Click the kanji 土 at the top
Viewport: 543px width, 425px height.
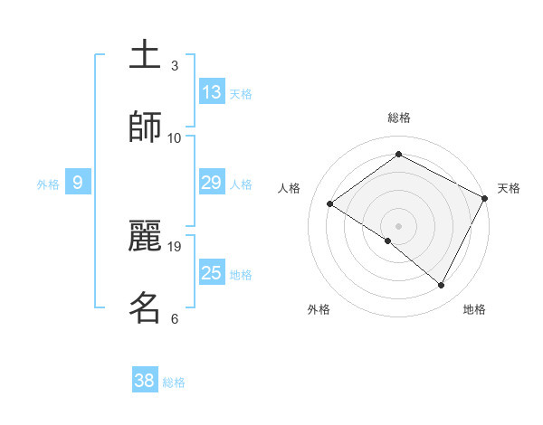(x=145, y=55)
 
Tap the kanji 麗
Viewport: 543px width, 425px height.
(x=145, y=236)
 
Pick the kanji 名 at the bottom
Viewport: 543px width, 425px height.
(x=145, y=307)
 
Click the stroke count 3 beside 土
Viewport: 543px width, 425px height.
(x=174, y=66)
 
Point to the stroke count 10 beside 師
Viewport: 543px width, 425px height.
(x=175, y=137)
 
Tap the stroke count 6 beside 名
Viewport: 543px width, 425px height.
(x=174, y=318)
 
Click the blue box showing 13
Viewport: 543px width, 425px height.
(x=212, y=92)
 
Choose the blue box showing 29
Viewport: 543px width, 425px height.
(x=212, y=184)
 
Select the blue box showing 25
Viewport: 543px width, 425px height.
(x=212, y=273)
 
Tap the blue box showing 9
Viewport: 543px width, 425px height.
(x=78, y=184)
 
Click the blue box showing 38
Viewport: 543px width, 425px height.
(x=145, y=381)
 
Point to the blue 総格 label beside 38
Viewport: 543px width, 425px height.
(x=174, y=382)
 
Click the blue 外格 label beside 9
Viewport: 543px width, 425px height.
(x=48, y=184)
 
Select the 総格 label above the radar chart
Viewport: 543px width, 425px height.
(x=399, y=118)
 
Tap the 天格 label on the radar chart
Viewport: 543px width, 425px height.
(x=509, y=188)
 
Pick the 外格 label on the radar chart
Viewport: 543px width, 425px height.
(x=319, y=309)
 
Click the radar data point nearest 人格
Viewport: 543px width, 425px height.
(x=330, y=203)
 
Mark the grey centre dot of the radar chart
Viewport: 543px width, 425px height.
(x=399, y=224)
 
